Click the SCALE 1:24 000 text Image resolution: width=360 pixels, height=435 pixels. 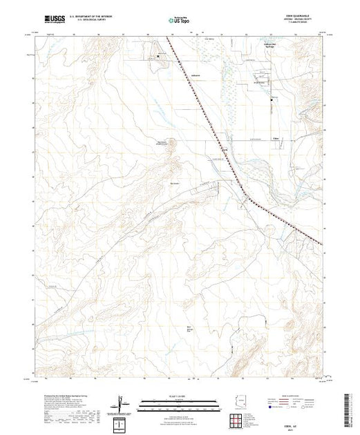(x=181, y=396)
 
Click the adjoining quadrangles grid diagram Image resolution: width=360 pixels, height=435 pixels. (x=240, y=416)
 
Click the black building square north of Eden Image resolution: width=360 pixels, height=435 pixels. (x=272, y=102)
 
